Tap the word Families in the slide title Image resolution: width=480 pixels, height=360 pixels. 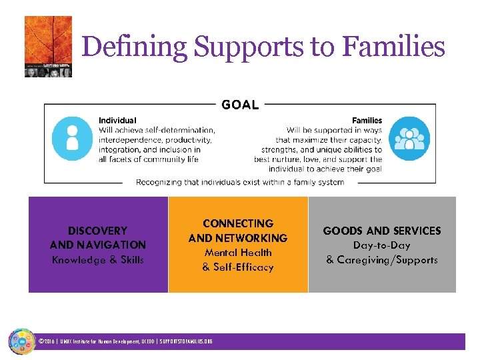coord(393,47)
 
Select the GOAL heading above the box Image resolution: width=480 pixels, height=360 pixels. coord(240,104)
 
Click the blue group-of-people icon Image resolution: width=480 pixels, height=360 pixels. coord(408,139)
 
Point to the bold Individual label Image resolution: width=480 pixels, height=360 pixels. coord(117,121)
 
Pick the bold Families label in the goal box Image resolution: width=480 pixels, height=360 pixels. coord(367,121)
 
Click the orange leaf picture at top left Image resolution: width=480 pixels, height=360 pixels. coord(48,47)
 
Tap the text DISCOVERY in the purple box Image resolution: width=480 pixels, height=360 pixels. coord(97,231)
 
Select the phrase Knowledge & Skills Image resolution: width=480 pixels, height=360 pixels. coord(97,260)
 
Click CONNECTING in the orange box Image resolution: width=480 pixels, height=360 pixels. coord(238,223)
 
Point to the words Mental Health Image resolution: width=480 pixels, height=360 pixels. coord(238,253)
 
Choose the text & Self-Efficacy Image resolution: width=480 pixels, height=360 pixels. coord(238,267)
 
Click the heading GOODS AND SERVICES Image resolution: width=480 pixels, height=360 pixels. coord(382,231)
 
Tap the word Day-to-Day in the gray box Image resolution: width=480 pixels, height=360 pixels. coord(382,245)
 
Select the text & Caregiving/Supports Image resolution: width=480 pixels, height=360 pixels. coord(382,260)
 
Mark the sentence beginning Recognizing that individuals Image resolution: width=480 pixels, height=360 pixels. coord(240,182)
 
